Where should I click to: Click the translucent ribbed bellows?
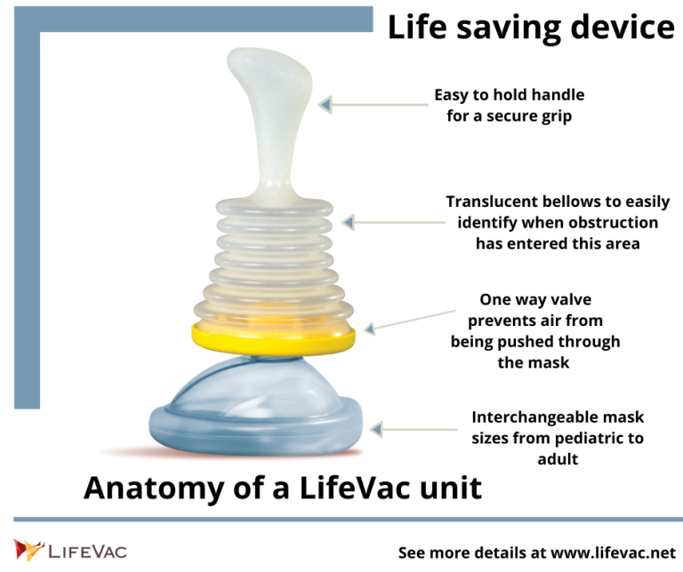[x=274, y=261]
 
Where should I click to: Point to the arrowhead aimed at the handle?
[x=325, y=105]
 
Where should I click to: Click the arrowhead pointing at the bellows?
[x=348, y=222]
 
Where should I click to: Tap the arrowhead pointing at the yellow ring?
[x=370, y=329]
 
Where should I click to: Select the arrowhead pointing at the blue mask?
[x=376, y=429]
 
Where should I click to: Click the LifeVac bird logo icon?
[x=28, y=550]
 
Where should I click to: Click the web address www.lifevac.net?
[x=614, y=552]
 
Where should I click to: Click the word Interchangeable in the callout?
[x=529, y=417]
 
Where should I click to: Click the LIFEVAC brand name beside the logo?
[x=87, y=551]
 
